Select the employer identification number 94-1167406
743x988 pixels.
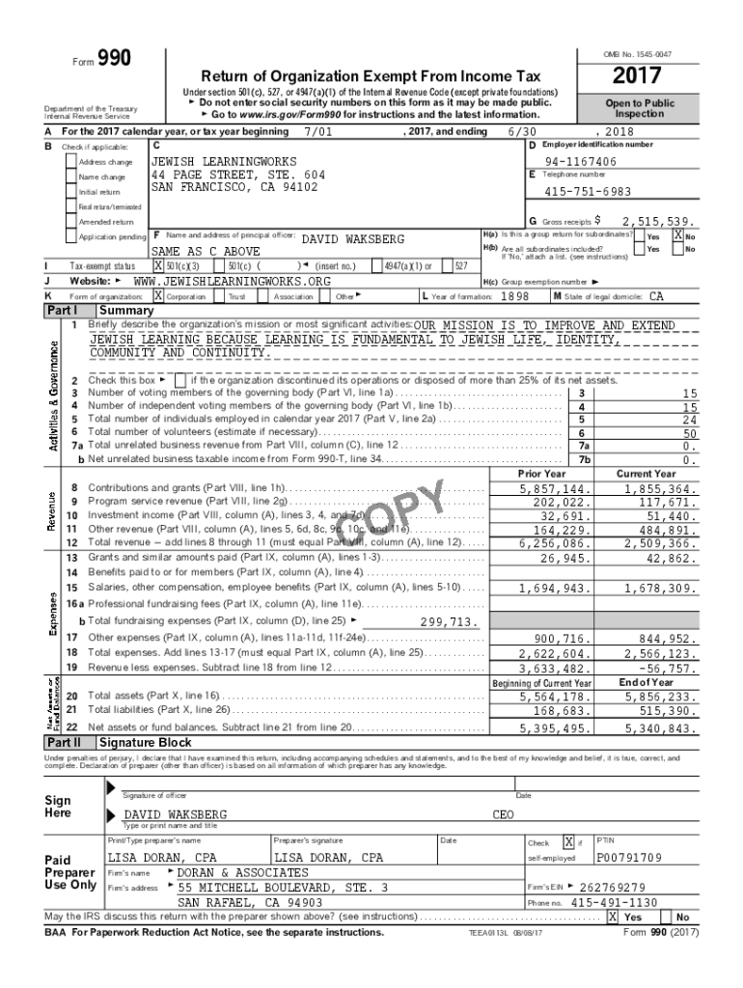580,161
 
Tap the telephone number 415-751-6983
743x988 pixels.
588,192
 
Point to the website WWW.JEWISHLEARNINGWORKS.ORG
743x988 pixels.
225,281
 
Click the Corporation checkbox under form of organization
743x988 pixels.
160,296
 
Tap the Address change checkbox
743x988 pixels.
71,161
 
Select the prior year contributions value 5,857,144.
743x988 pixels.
555,489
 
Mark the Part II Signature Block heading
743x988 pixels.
145,742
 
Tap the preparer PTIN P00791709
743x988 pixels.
629,857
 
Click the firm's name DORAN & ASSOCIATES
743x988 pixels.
230,872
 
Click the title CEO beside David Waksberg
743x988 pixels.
504,814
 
